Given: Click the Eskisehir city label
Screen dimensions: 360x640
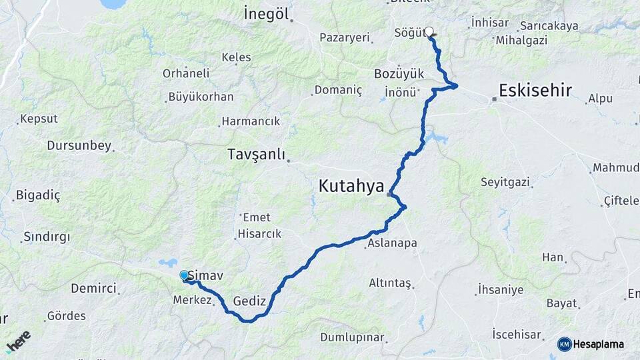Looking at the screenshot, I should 535,90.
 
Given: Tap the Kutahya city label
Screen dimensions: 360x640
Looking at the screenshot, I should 351,186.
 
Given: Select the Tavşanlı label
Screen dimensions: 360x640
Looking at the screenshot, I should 256,155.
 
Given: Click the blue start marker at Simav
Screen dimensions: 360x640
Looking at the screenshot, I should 184,275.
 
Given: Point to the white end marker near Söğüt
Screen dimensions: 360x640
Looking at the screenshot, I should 429,31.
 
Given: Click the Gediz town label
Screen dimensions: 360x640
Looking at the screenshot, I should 249,301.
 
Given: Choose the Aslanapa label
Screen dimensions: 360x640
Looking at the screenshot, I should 392,243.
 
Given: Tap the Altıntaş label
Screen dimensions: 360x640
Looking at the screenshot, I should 390,283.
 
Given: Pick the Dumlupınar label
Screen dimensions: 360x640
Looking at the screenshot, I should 352,337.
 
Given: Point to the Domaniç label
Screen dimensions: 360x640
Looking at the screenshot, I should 338,89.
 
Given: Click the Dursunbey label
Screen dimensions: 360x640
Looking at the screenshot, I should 79,145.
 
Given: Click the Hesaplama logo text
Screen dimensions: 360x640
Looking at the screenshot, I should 599,344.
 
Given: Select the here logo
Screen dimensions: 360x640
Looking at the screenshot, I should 19,341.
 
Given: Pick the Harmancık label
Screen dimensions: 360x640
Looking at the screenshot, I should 251,121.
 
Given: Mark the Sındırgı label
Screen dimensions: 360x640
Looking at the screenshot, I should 47,237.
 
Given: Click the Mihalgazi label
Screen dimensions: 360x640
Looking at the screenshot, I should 521,40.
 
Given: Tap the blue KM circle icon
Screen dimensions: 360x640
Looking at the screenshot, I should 565,344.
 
